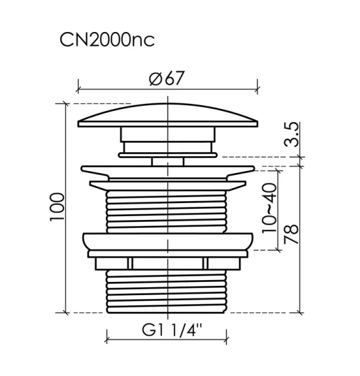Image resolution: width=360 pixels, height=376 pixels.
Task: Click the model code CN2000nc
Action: [107, 40]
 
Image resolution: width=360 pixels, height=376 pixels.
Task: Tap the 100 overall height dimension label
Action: [57, 207]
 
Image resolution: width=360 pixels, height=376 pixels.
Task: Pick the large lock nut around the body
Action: [167, 241]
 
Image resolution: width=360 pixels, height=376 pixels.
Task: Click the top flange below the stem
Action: [167, 170]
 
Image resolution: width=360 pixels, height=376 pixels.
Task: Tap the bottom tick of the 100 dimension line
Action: [66, 311]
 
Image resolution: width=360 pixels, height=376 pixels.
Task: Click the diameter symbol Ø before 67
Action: [156, 80]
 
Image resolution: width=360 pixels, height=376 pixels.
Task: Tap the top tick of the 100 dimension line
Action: [66, 103]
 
